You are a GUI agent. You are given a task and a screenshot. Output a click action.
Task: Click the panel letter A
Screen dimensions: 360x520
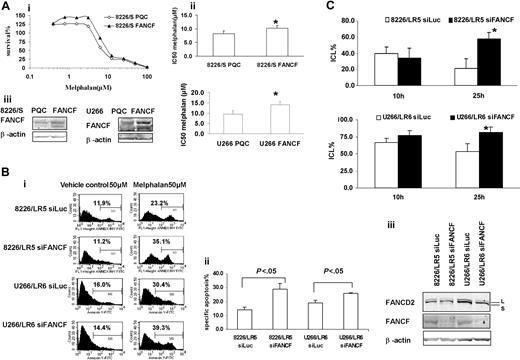[7, 9]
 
